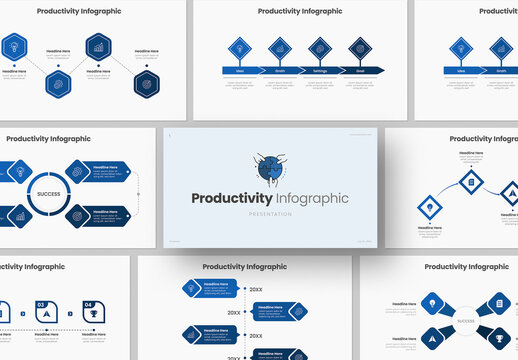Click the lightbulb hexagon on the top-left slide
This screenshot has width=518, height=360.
coord(15,45)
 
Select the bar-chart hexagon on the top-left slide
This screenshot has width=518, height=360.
coord(98,45)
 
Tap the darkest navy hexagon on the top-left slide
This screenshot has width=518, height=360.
coord(146,82)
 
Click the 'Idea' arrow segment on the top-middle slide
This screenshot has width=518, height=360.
coord(241,70)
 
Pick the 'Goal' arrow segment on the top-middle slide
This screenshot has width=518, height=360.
coord(359,70)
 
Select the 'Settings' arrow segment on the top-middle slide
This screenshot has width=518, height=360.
coord(320,70)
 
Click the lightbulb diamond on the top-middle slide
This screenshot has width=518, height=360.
coord(241,47)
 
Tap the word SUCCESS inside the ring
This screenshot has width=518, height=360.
coord(49,193)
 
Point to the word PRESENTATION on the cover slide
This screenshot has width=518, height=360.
coord(271,214)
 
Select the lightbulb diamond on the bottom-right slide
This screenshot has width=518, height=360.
coord(429,303)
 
